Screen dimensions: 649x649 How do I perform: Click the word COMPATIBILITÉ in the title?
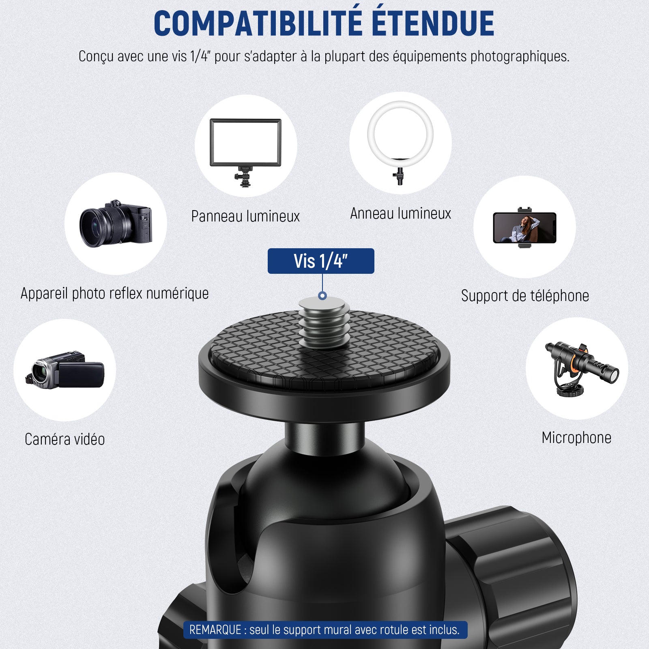(258, 23)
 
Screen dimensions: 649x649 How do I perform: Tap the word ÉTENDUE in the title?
(433, 23)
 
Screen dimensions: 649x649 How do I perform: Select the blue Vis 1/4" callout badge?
(321, 261)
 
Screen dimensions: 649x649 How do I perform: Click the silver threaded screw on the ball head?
(324, 322)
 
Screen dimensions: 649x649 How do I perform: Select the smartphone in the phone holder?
(524, 228)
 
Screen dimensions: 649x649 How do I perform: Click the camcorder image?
(65, 370)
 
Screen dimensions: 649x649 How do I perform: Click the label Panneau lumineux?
(245, 216)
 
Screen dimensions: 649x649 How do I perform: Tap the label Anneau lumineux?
(401, 213)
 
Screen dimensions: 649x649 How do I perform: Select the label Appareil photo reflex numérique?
(115, 293)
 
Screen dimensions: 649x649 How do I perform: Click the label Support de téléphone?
(525, 296)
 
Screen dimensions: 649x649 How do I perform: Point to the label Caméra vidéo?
(65, 439)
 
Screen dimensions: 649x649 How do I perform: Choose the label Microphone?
(576, 438)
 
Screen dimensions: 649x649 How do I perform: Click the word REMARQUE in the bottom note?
(215, 630)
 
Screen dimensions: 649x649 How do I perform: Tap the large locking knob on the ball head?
(511, 576)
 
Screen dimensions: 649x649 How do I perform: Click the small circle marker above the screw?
(322, 296)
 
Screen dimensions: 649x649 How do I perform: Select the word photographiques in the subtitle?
(520, 56)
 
